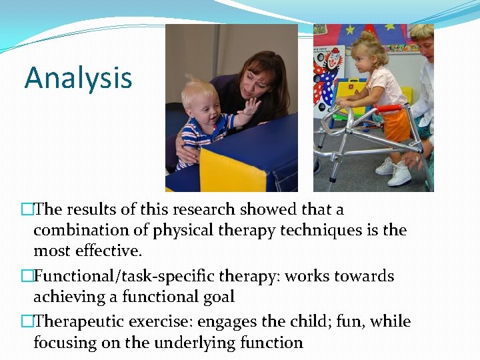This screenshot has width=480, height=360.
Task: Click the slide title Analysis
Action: (x=78, y=78)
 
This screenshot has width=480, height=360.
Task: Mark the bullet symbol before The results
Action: (x=27, y=210)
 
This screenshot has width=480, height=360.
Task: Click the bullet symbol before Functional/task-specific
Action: (x=27, y=277)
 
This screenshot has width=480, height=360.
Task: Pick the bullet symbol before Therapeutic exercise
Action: (x=27, y=322)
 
